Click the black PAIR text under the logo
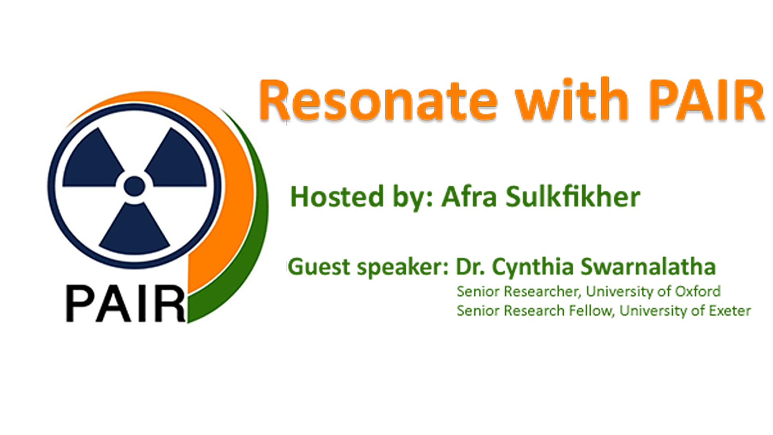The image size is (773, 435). [x=126, y=303]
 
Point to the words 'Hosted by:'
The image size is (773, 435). [x=361, y=198]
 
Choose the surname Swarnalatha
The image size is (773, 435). [x=648, y=266]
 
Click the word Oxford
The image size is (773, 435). [x=698, y=291]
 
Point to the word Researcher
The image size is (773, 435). [x=543, y=291]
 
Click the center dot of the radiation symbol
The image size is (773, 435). [x=134, y=186]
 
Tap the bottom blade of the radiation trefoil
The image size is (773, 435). [x=134, y=230]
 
